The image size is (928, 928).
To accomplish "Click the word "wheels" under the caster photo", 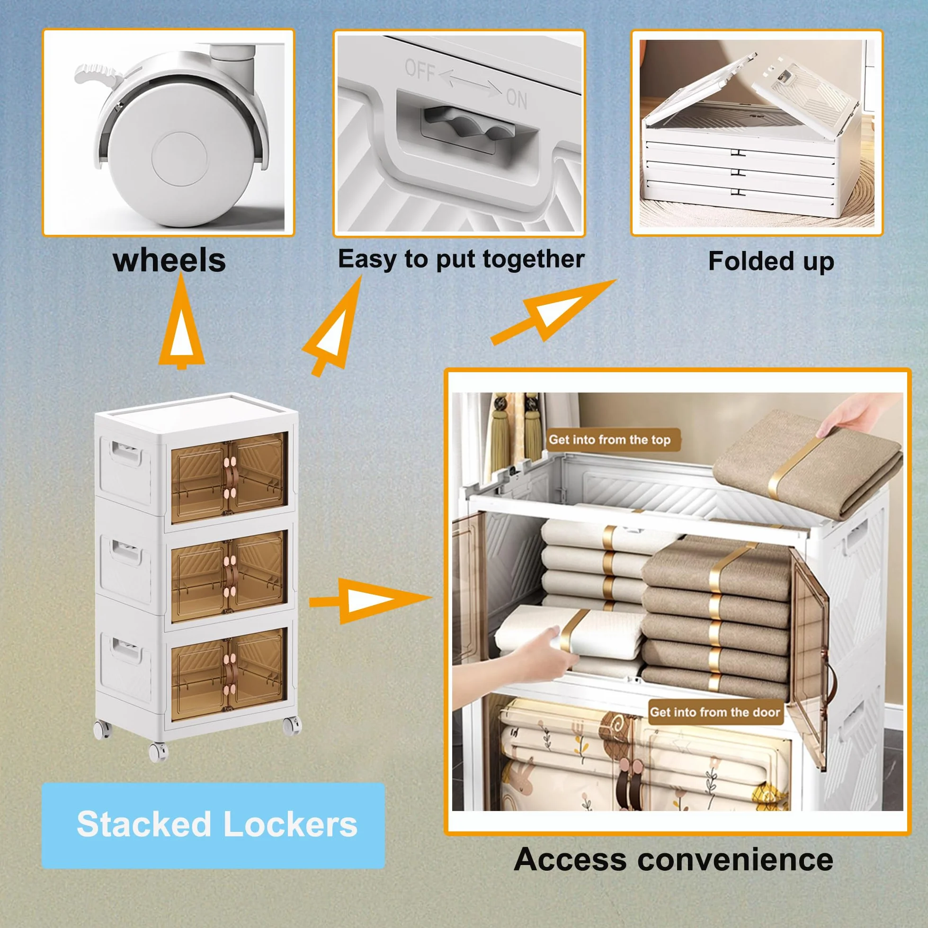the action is pyautogui.click(x=169, y=260).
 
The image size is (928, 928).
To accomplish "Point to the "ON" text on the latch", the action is pyautogui.click(x=517, y=98).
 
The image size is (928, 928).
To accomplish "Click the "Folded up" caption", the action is pyautogui.click(x=771, y=262).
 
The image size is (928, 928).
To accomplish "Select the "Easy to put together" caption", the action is pyautogui.click(x=461, y=259).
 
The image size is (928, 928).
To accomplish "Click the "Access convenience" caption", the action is pyautogui.click(x=673, y=873).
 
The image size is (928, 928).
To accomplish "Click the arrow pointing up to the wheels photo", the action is pyautogui.click(x=181, y=322).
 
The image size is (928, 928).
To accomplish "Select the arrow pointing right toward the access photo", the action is pyautogui.click(x=370, y=600).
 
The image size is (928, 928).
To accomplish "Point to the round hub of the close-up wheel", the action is pyautogui.click(x=179, y=159).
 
